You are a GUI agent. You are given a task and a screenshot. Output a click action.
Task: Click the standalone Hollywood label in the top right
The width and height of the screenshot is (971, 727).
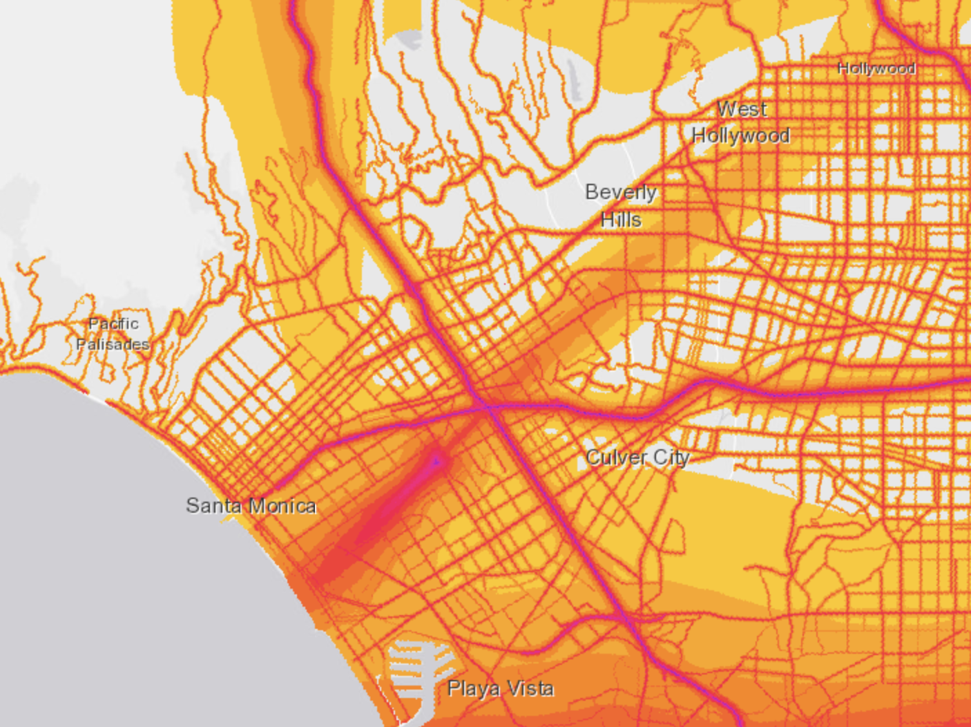tap(876, 68)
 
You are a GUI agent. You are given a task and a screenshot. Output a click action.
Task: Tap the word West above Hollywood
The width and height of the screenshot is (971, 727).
tap(742, 109)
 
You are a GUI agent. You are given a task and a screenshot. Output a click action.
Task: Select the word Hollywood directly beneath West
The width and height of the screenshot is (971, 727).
tap(741, 135)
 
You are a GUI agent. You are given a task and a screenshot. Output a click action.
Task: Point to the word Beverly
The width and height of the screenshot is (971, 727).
tap(620, 192)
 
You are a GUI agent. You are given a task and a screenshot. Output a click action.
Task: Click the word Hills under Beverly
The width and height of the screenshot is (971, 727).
tap(621, 220)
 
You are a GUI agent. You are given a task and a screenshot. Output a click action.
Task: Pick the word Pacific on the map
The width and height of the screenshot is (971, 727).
tap(113, 323)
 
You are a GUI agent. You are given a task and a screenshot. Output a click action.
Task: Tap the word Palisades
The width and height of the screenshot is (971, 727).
tap(113, 343)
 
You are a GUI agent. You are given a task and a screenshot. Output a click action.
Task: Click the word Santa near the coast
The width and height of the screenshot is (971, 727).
tap(214, 505)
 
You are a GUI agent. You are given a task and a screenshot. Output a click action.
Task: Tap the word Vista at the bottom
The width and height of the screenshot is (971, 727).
tap(530, 688)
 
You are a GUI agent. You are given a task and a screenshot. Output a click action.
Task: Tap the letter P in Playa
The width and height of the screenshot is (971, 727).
tap(454, 688)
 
